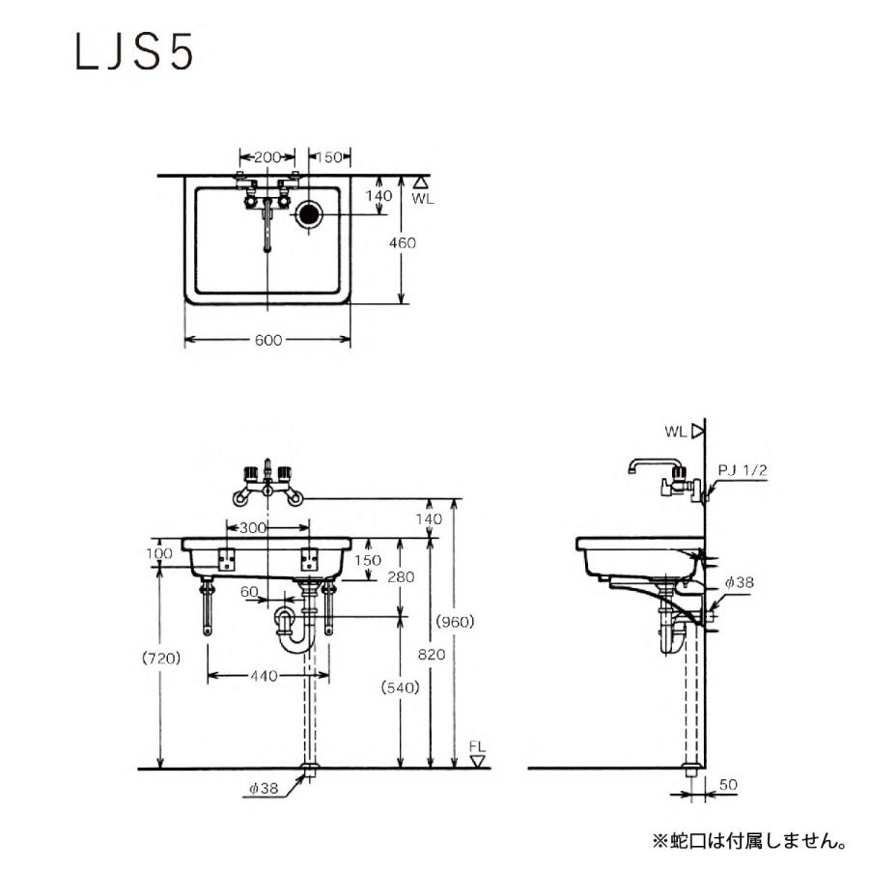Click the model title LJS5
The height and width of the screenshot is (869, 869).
134,53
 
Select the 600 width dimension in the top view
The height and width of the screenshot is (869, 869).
269,339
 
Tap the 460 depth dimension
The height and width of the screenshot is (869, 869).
404,243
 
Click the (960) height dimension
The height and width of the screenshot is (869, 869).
454,621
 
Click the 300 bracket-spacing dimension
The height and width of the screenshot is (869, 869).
254,528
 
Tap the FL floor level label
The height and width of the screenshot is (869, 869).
476,746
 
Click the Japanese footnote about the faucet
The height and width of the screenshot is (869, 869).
749,840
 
